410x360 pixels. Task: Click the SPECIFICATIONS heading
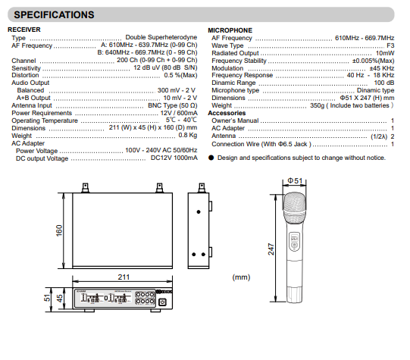[54, 15]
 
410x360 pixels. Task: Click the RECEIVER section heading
[24, 30]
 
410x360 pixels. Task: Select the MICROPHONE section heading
[230, 30]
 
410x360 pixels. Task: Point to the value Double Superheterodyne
[161, 37]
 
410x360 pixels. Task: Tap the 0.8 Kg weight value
[188, 135]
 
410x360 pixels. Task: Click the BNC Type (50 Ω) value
[173, 105]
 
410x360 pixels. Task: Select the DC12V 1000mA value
[174, 158]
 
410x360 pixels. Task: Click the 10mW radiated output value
[385, 53]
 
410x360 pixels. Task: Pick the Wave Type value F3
[390, 45]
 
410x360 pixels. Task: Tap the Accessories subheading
[227, 113]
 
